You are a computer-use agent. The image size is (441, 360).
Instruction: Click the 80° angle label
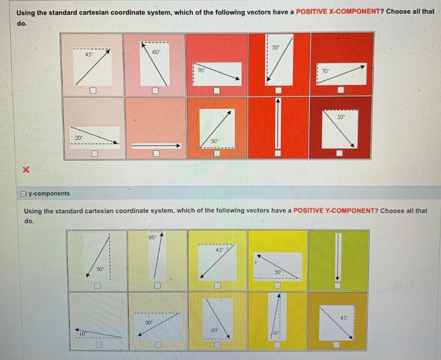click(152, 237)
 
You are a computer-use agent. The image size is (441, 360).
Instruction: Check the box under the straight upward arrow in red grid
click(279, 153)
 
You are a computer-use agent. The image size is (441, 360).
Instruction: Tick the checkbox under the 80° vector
click(157, 285)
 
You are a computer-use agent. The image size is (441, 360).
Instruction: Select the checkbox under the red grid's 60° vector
click(155, 91)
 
